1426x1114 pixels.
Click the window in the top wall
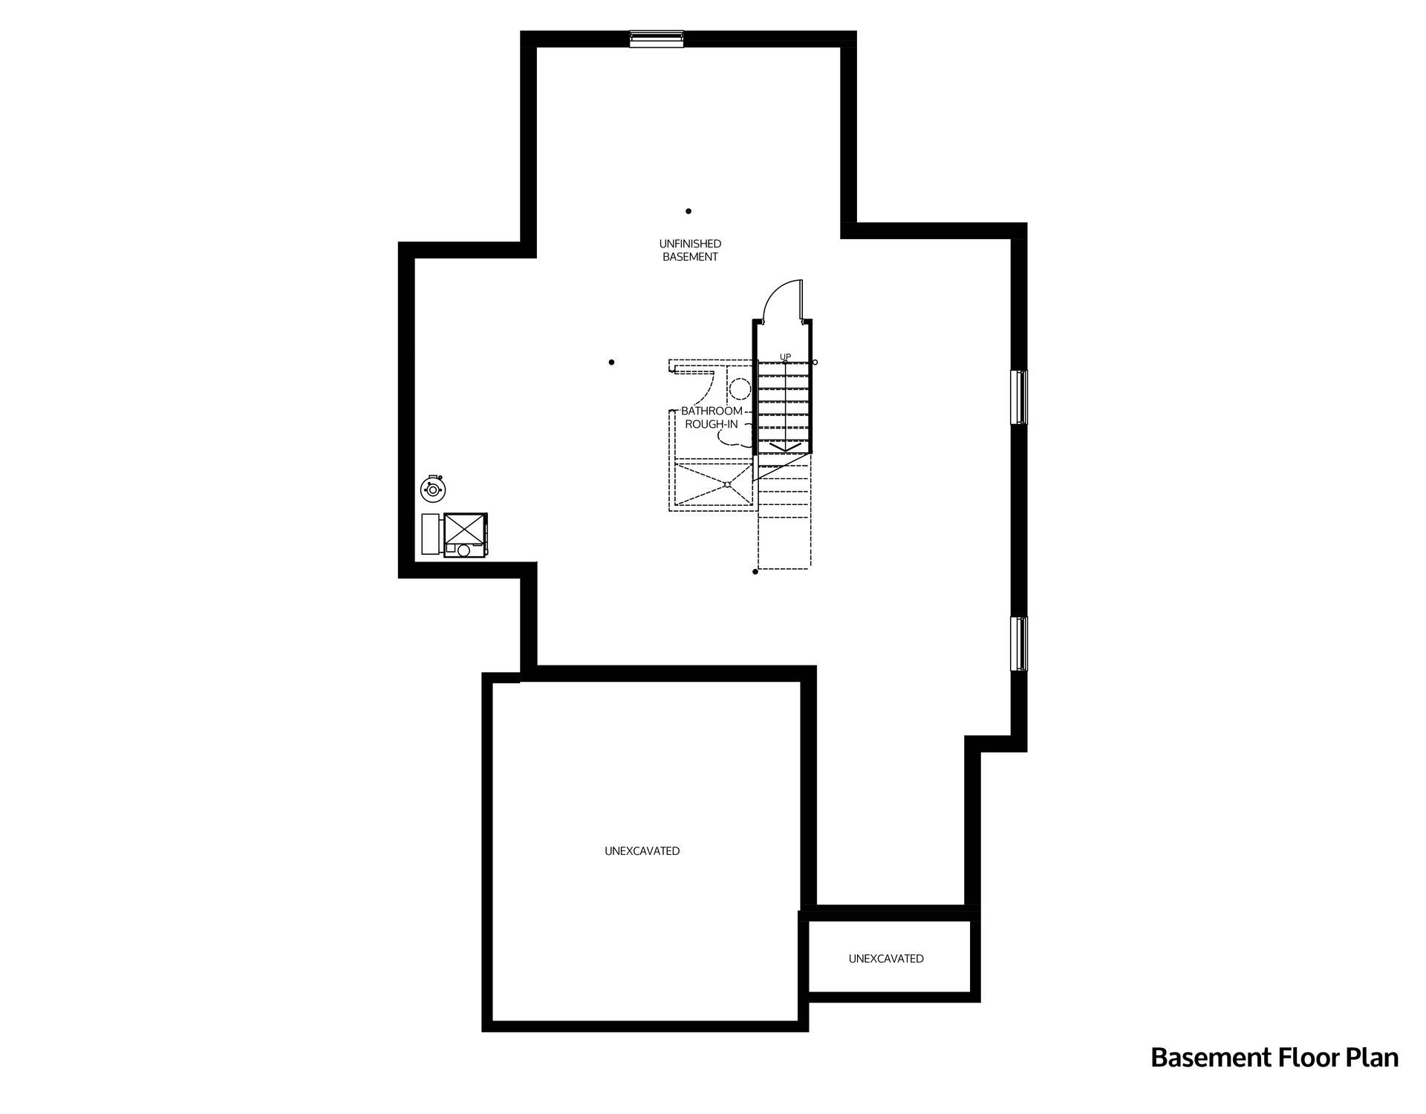click(x=657, y=39)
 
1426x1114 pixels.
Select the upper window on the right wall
click(x=1020, y=397)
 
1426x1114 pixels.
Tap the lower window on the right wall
click(x=1020, y=643)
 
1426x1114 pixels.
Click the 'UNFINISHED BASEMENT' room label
click(x=690, y=250)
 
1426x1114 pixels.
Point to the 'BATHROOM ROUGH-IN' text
click(x=712, y=417)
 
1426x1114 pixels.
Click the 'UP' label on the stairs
click(x=785, y=357)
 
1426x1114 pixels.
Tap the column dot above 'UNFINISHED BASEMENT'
click(x=688, y=212)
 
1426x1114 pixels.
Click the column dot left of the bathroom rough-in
click(x=611, y=362)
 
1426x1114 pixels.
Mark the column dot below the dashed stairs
click(x=755, y=572)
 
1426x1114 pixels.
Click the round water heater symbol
click(x=432, y=489)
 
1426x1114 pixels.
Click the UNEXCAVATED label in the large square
click(x=642, y=851)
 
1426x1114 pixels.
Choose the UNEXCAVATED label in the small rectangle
click(x=886, y=959)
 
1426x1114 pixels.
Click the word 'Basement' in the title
click(x=1197, y=1058)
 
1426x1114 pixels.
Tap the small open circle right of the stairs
click(x=815, y=362)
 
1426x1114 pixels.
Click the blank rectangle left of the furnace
click(x=431, y=533)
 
